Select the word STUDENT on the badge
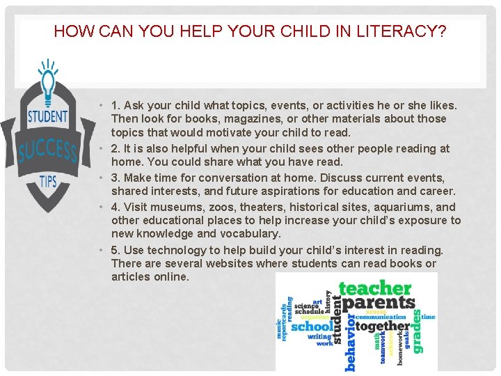click(x=47, y=116)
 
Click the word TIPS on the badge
click(x=48, y=180)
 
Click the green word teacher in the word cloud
click(x=374, y=288)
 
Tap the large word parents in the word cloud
click(x=379, y=304)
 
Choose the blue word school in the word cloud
click(x=312, y=327)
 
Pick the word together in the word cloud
click(x=383, y=326)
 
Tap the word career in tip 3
click(x=437, y=191)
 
